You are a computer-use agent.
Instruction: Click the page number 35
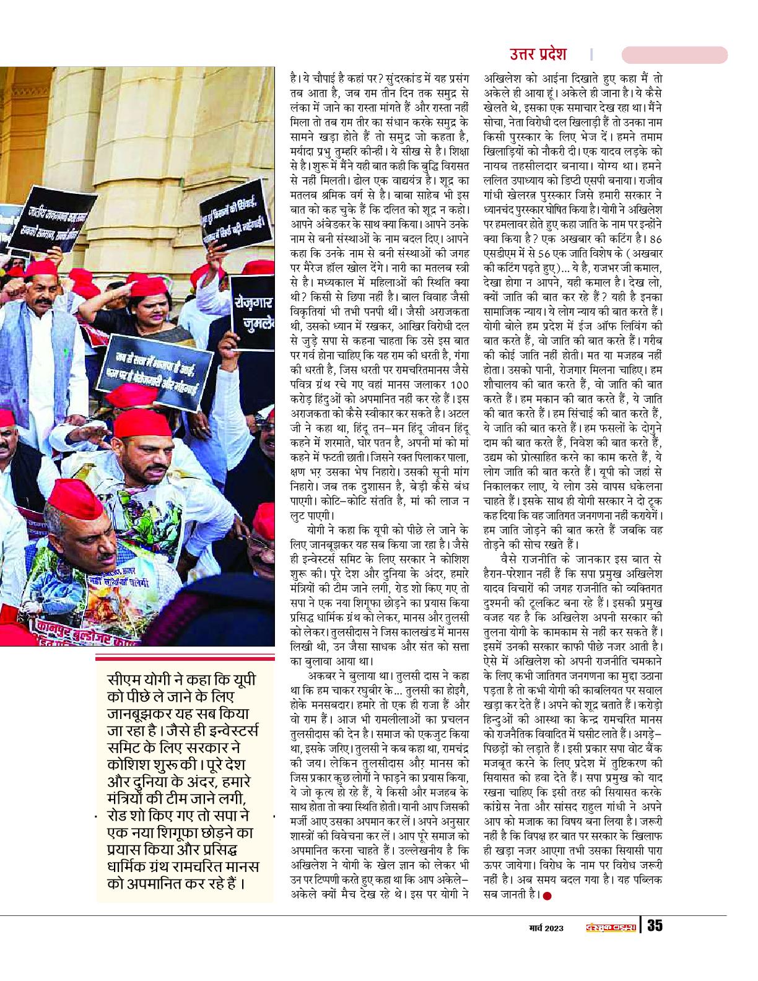pyautogui.click(x=655, y=926)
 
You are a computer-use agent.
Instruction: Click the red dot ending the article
pyautogui.click(x=546, y=895)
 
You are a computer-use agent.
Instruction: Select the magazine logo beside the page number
pyautogui.click(x=610, y=927)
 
